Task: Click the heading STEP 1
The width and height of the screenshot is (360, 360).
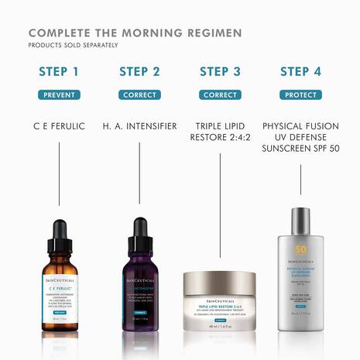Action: click(x=59, y=72)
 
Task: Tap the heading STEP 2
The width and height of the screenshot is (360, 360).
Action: click(x=139, y=72)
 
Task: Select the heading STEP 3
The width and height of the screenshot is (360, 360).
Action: click(x=220, y=72)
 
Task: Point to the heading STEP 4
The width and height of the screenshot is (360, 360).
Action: click(x=300, y=72)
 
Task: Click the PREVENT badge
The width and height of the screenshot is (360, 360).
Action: click(x=59, y=94)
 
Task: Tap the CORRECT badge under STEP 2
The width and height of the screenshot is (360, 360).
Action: click(x=139, y=94)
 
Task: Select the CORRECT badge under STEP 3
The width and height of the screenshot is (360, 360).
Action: click(x=220, y=94)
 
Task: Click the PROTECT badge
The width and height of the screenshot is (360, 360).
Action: click(x=300, y=94)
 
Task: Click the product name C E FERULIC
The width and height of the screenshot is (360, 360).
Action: click(x=59, y=125)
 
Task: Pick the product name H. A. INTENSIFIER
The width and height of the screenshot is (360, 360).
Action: click(x=139, y=125)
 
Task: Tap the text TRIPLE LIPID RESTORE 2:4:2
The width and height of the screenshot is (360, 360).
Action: click(x=220, y=132)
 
